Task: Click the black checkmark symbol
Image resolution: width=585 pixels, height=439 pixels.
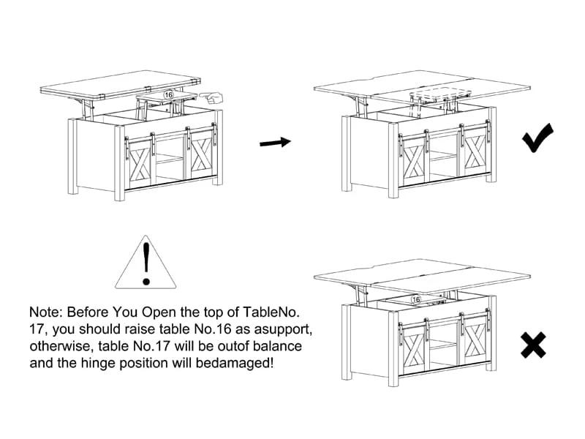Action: point(537,138)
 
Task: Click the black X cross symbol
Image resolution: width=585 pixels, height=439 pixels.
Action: point(533,344)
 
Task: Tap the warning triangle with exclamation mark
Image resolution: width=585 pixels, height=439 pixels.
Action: point(147,261)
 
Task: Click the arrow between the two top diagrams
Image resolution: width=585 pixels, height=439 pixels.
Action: point(276,143)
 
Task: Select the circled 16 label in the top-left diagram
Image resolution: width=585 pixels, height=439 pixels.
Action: point(168,94)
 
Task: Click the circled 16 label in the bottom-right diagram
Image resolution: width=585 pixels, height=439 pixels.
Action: point(417,299)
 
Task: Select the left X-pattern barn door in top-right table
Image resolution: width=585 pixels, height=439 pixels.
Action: point(414,157)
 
